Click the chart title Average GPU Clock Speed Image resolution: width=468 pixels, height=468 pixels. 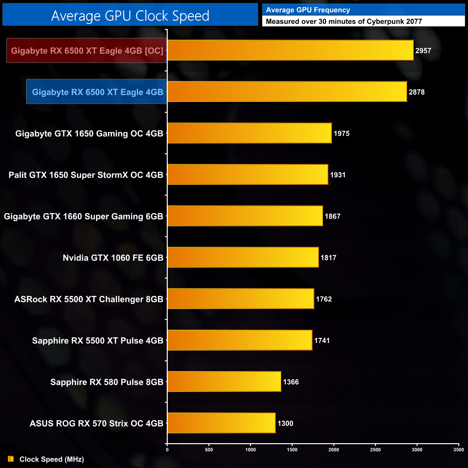click(x=130, y=15)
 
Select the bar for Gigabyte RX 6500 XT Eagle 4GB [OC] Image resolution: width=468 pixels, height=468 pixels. click(x=290, y=50)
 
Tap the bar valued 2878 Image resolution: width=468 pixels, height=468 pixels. click(x=287, y=92)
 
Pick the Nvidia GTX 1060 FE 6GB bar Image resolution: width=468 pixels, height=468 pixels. click(x=243, y=257)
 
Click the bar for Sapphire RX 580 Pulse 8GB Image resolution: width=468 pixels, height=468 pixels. click(x=224, y=382)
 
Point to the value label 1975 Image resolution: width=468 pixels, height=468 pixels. click(x=341, y=134)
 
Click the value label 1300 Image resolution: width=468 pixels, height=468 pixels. click(x=285, y=423)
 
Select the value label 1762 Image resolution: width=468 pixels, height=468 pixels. click(x=324, y=299)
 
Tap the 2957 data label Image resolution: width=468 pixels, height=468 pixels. click(x=423, y=51)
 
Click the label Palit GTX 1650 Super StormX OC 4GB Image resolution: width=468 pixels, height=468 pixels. click(x=86, y=175)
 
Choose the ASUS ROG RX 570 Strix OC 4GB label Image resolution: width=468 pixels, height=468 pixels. click(x=96, y=423)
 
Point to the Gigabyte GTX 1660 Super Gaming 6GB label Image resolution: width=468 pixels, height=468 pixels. click(x=84, y=216)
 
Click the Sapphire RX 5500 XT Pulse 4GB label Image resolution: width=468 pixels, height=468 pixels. click(x=98, y=341)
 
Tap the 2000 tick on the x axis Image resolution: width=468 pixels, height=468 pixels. click(x=334, y=450)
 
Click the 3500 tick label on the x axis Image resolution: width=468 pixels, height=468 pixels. click(x=459, y=450)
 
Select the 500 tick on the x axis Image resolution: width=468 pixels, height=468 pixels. click(x=209, y=450)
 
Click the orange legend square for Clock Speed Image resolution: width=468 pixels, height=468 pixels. click(x=11, y=459)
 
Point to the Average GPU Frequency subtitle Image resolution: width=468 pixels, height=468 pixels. click(x=308, y=10)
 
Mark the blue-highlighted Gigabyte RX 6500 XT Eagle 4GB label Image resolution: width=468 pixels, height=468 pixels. click(x=98, y=92)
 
